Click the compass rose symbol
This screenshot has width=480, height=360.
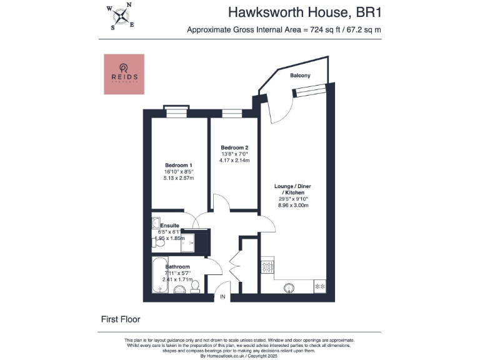click(x=121, y=17)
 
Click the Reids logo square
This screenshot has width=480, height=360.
click(x=124, y=74)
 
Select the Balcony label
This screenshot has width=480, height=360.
click(x=300, y=76)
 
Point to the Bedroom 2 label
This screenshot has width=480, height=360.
click(x=235, y=147)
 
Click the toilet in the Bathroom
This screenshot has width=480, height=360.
click(x=194, y=286)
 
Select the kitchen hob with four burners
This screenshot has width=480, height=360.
click(x=267, y=266)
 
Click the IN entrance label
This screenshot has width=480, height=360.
click(x=222, y=297)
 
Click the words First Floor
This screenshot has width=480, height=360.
click(x=121, y=319)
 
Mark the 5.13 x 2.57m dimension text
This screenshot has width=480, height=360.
click(x=178, y=178)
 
